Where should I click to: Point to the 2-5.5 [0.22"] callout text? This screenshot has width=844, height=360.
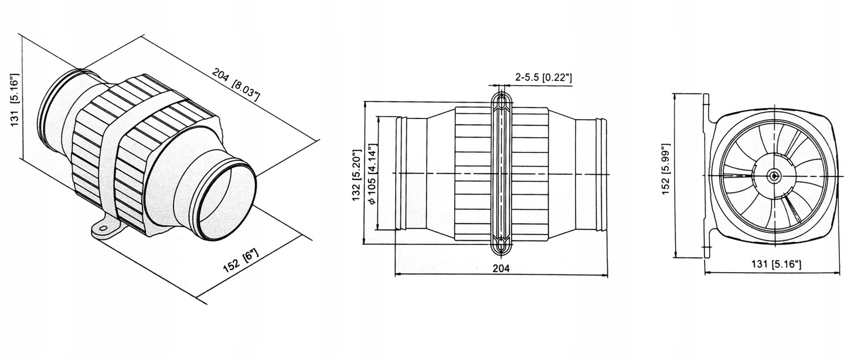click(x=543, y=77)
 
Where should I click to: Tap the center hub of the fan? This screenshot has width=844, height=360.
click(x=774, y=175)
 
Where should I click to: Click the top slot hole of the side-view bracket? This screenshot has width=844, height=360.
click(x=501, y=103)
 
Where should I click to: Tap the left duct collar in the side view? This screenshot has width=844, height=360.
click(x=401, y=174)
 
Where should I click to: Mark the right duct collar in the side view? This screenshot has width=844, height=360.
click(x=600, y=174)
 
